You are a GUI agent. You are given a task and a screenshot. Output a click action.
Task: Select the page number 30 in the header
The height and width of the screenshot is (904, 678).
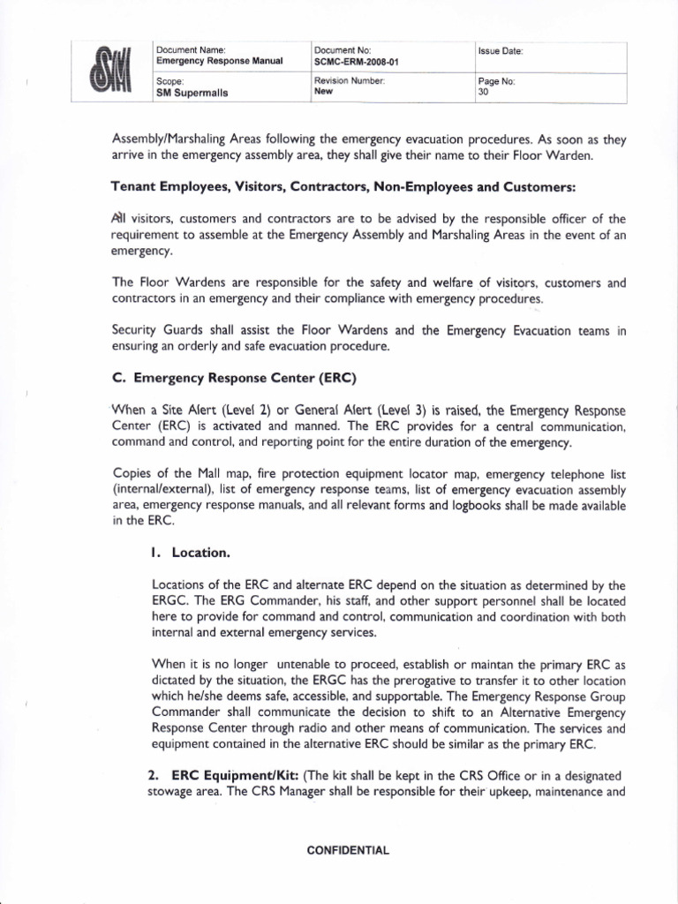coord(482,90)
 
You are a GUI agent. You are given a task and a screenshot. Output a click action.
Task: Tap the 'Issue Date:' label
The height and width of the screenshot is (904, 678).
coord(501,51)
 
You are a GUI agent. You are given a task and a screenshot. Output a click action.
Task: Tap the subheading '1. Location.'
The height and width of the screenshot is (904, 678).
coord(191,553)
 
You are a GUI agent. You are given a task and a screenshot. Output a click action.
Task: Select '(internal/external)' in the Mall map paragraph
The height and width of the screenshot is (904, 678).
coord(164,490)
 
